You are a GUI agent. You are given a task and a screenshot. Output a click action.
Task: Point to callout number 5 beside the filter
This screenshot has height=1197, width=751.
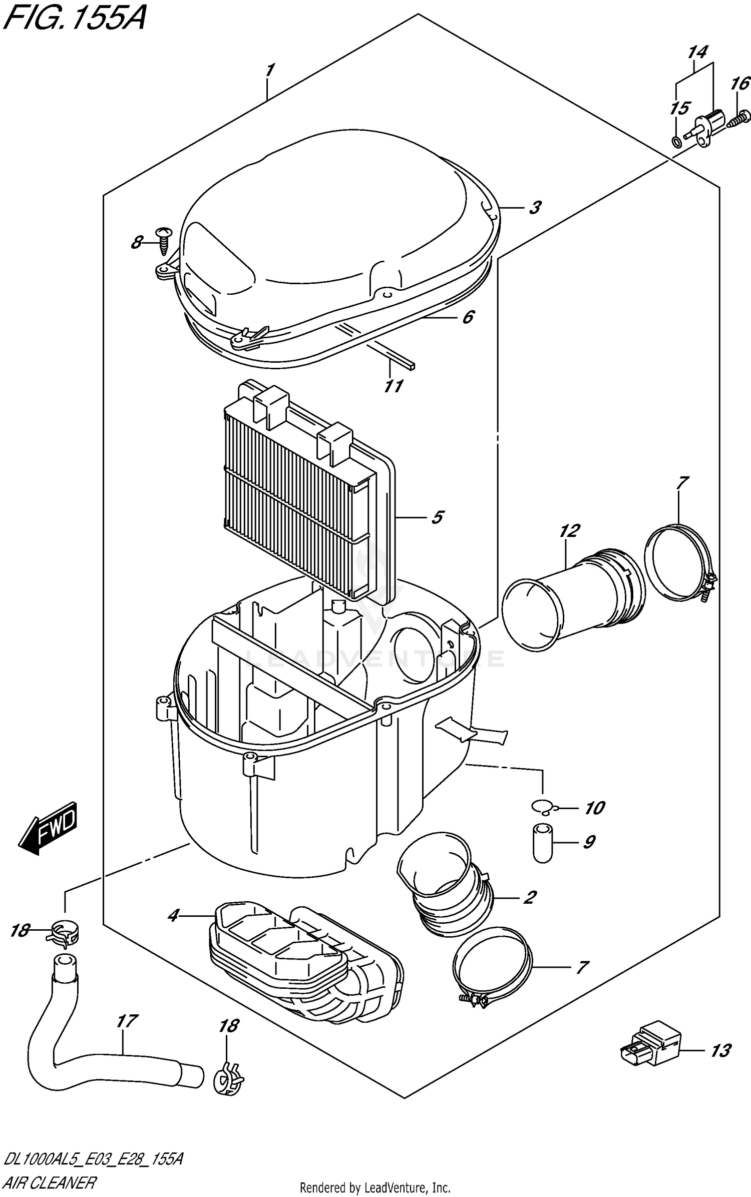click(x=437, y=517)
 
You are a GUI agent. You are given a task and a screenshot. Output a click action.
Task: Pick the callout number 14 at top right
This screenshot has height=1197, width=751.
click(x=697, y=52)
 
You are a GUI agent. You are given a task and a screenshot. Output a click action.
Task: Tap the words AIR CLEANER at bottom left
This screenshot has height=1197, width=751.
click(x=49, y=1182)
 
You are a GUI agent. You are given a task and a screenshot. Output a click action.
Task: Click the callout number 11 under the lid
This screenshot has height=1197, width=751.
click(x=394, y=386)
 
